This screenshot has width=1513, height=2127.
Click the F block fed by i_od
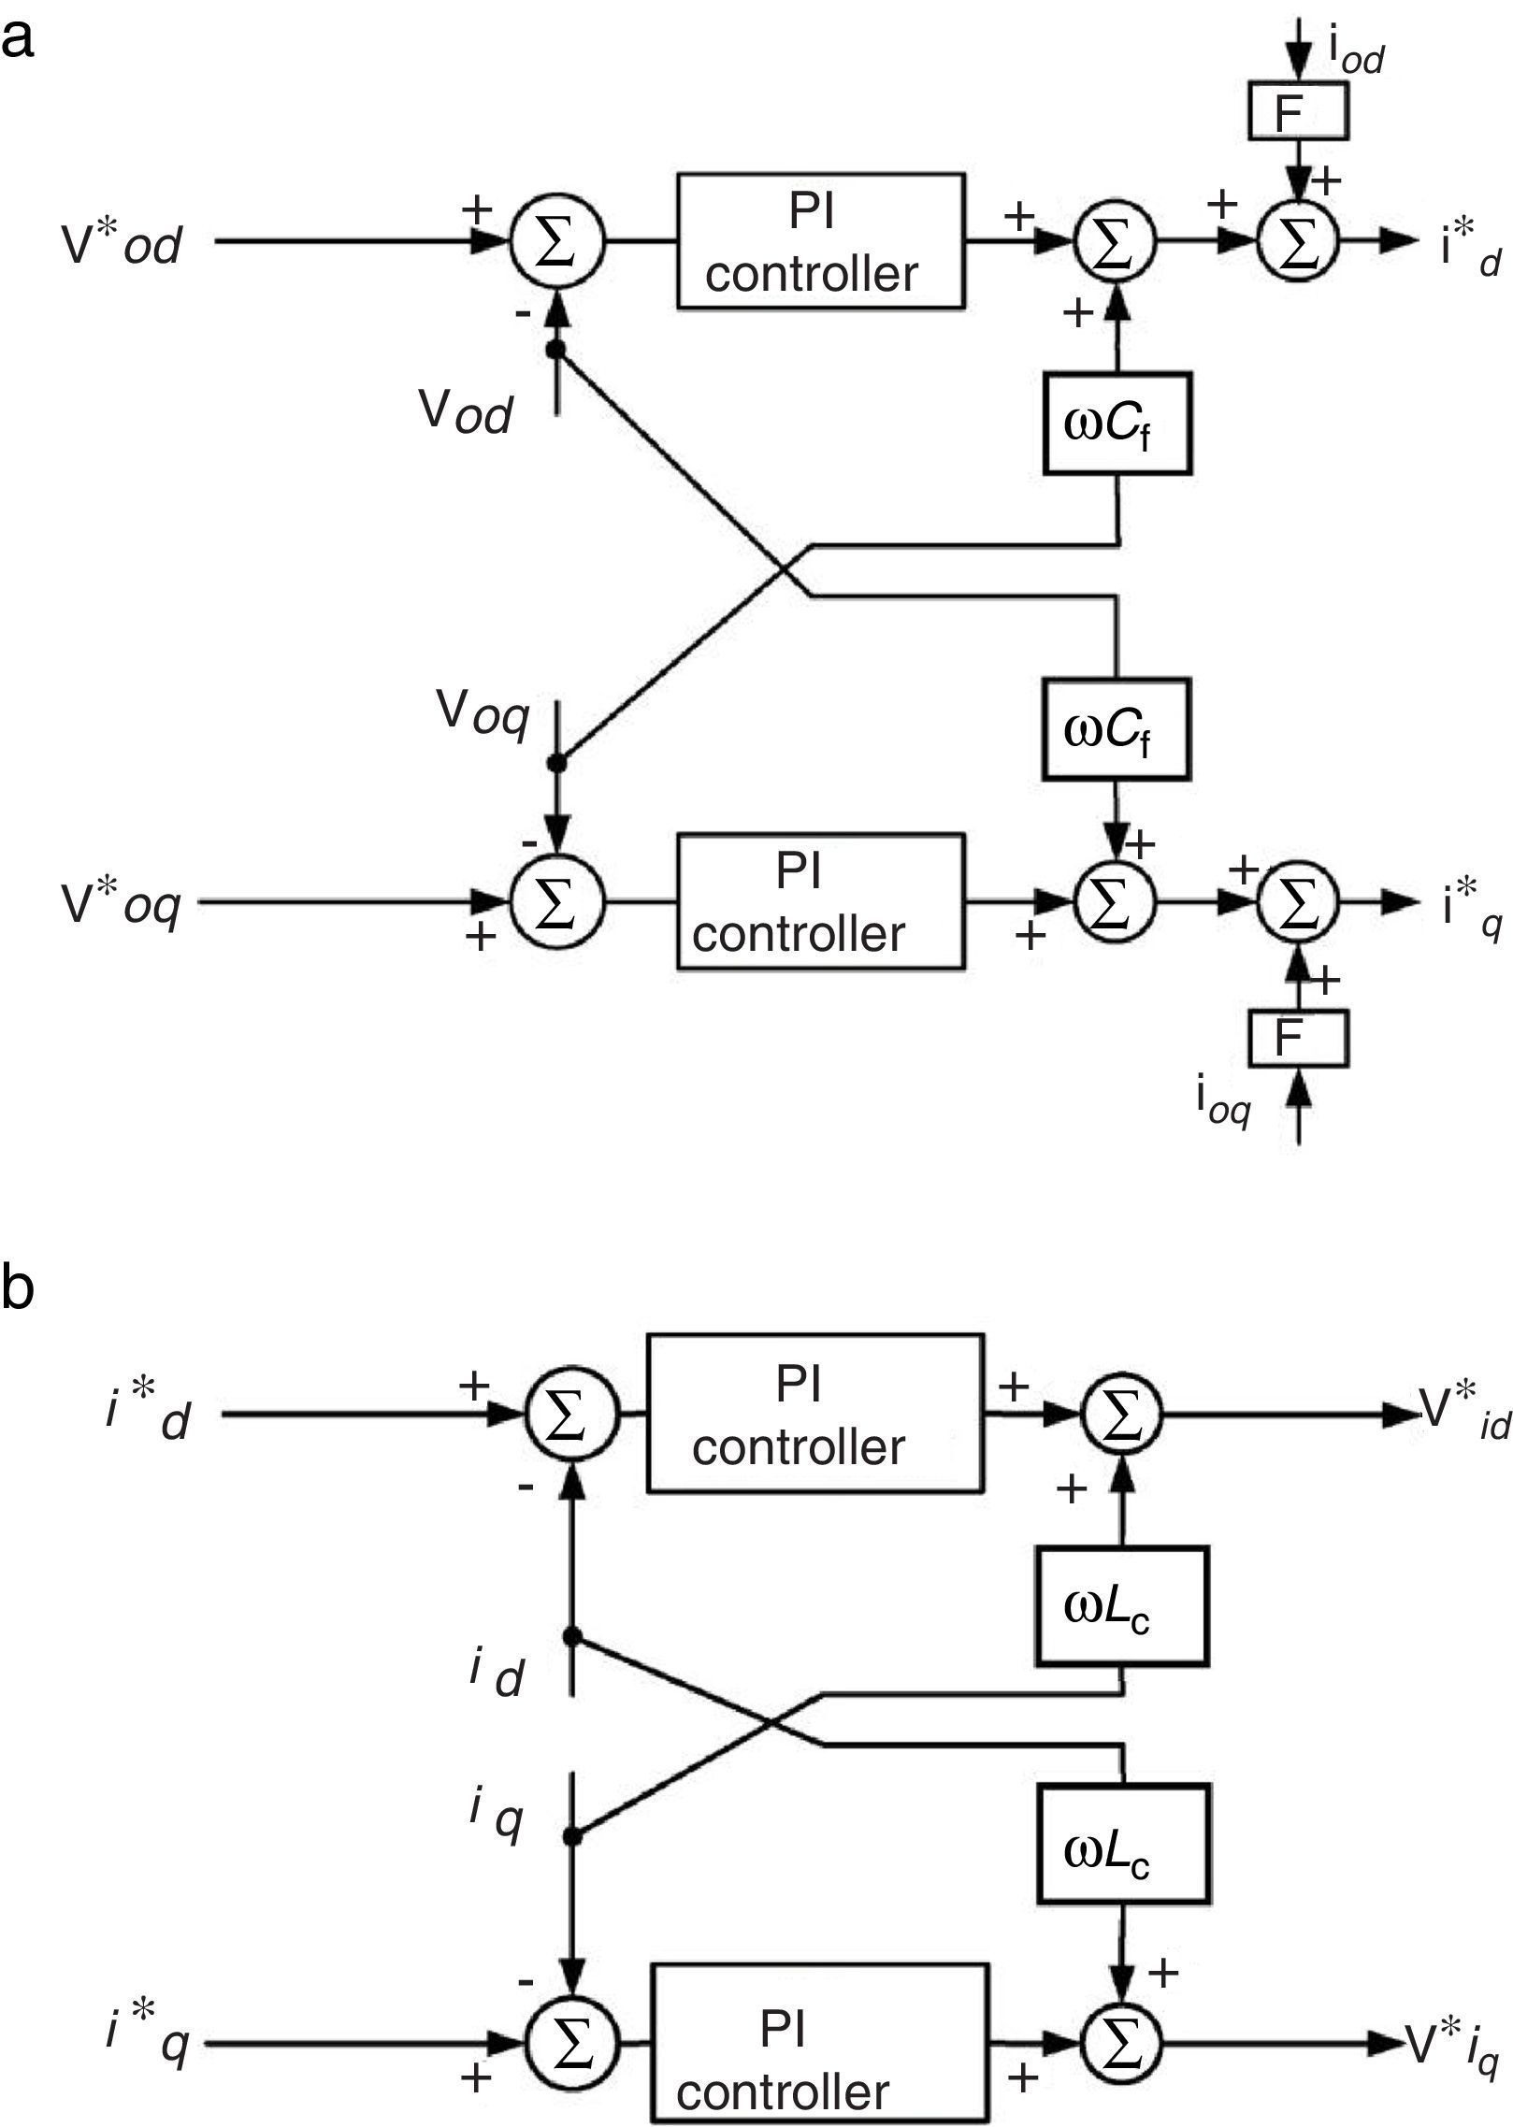1298,111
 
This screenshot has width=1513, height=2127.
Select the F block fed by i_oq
1298,1038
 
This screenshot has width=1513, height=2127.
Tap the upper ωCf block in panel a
1117,424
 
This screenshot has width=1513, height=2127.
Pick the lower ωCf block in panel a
1116,730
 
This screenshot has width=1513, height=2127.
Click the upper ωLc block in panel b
1121,1605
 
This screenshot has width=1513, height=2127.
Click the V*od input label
122,245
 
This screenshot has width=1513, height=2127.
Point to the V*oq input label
120,904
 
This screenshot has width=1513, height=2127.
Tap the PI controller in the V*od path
820,241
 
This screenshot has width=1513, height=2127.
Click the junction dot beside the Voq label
557,763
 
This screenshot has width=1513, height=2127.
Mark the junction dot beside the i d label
571,1636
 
